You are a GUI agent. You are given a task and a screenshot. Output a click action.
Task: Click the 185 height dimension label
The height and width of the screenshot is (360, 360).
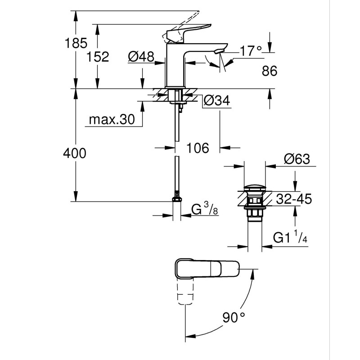(x=76, y=44)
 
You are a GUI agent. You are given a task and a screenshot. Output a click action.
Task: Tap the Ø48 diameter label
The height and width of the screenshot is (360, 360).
(x=141, y=57)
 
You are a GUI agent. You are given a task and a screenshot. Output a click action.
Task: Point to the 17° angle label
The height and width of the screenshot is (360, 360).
(x=250, y=50)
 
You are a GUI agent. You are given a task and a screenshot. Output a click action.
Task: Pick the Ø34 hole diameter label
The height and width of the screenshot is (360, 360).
(x=216, y=101)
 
